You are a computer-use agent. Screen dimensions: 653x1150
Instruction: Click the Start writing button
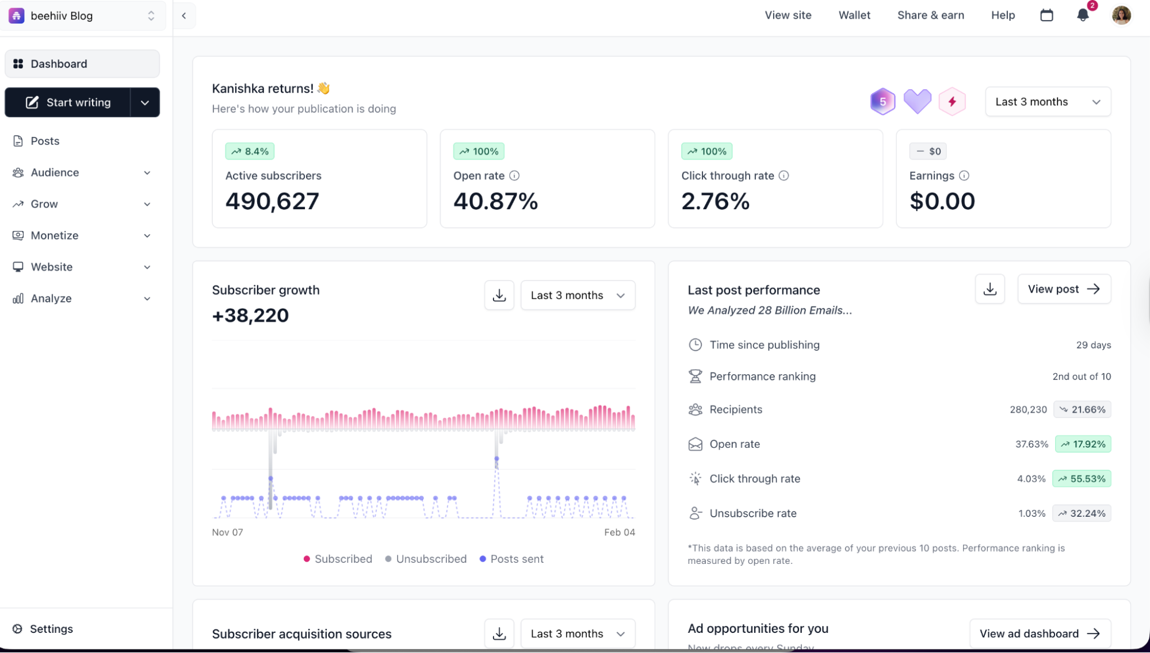click(68, 102)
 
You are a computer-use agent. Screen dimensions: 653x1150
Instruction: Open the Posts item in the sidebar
click(45, 141)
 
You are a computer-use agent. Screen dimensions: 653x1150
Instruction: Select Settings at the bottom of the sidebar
click(51, 629)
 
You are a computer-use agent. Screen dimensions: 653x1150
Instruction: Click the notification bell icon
click(1083, 16)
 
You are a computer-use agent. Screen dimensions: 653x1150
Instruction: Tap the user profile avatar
click(1121, 16)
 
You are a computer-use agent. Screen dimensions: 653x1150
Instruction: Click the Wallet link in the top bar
click(854, 16)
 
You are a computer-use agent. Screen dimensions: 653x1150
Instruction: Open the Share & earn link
click(930, 16)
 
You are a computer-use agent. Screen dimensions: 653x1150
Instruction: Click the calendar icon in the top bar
click(1046, 16)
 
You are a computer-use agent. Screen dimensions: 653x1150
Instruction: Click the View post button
click(1064, 289)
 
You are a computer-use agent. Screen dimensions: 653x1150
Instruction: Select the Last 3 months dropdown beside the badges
click(1048, 102)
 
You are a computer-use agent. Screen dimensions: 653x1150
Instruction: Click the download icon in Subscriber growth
click(499, 295)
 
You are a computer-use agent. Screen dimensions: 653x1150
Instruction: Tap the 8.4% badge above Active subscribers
click(250, 151)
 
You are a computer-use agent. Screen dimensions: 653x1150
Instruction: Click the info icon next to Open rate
click(514, 176)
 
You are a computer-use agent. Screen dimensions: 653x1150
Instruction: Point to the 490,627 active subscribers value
click(272, 201)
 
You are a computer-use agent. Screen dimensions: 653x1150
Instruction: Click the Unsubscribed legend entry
click(426, 559)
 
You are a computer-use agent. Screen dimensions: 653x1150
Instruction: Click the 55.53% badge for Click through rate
click(1082, 479)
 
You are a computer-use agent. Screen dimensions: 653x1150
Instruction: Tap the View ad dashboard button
click(1040, 633)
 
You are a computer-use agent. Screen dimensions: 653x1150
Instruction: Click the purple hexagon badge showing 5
click(882, 102)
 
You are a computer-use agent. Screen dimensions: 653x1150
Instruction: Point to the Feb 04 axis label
click(619, 532)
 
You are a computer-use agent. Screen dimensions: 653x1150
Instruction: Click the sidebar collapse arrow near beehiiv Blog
click(184, 16)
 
